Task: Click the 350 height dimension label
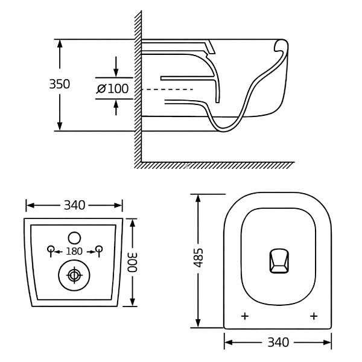click(60, 84)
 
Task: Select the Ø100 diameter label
click(113, 89)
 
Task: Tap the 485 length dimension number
click(199, 257)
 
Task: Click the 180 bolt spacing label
click(74, 250)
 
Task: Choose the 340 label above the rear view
click(74, 205)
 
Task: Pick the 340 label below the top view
click(278, 343)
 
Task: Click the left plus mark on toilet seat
click(244, 316)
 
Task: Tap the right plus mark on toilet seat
click(313, 316)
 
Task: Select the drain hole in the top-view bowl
click(278, 261)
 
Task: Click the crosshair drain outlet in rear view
click(74, 276)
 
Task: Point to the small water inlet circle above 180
click(74, 237)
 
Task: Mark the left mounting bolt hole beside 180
click(51, 249)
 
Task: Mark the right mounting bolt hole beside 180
click(99, 249)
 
